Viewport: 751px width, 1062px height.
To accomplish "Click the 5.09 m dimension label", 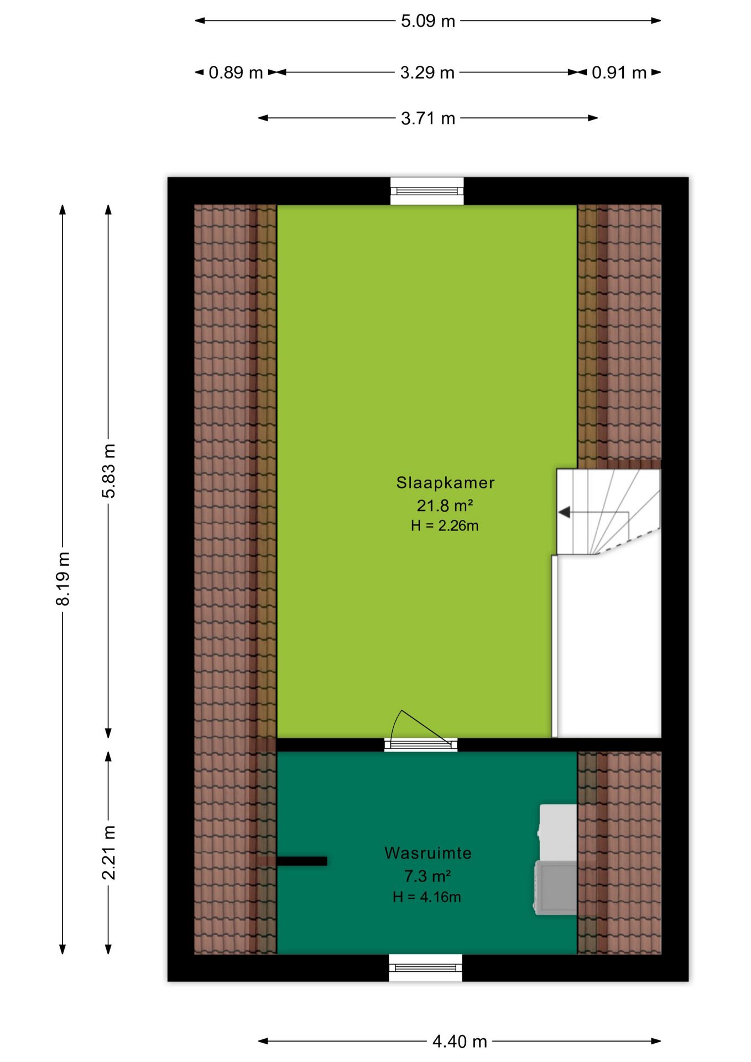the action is coord(427,21).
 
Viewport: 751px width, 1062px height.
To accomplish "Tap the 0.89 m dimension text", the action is coord(236,72).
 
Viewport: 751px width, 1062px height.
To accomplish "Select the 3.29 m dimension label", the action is coord(427,72).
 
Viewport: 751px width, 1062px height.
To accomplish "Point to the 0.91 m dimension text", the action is coord(619,72).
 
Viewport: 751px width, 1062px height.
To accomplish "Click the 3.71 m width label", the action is coord(427,118).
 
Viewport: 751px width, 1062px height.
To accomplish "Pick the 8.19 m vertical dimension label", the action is coord(63,579).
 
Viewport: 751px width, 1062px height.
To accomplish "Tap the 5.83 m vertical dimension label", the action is coord(109,471).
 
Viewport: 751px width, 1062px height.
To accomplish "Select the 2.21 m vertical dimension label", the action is coord(109,852).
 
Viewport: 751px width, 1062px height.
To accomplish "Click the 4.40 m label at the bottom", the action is coord(460,1042).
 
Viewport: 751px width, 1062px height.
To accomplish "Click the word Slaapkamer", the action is coord(445,482).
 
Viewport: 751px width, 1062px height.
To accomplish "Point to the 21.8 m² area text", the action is coord(445,505).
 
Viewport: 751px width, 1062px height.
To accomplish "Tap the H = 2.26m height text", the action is coord(445,525).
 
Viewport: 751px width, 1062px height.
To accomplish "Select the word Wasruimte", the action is coord(428,853).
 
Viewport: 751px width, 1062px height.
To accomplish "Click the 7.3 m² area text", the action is coord(427,876).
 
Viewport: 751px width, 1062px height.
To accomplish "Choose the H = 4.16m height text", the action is coord(427,897).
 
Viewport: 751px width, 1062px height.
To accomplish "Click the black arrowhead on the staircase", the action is coord(564,512).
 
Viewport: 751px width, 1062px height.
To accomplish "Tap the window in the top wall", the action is coord(427,191).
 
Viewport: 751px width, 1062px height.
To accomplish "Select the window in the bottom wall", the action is coord(425,968).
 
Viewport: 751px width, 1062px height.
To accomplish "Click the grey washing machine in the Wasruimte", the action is coord(555,888).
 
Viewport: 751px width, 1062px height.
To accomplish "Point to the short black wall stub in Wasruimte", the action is coord(302,861).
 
